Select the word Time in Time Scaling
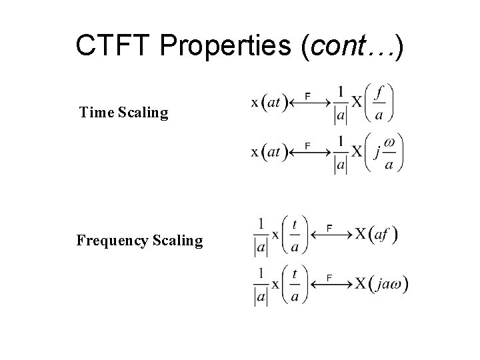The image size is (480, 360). click(x=97, y=112)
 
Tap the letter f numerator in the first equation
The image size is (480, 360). click(x=379, y=91)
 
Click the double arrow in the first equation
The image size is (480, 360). click(x=311, y=103)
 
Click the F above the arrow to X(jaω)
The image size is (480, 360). click(x=329, y=277)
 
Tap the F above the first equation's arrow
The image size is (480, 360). click(x=307, y=96)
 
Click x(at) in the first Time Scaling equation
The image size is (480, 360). click(x=269, y=103)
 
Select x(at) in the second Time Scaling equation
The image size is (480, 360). click(x=269, y=152)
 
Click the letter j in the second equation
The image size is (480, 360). click(x=377, y=153)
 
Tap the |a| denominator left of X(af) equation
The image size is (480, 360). click(x=261, y=248)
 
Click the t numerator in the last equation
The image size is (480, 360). click(x=295, y=273)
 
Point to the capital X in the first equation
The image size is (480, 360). click(x=357, y=103)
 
